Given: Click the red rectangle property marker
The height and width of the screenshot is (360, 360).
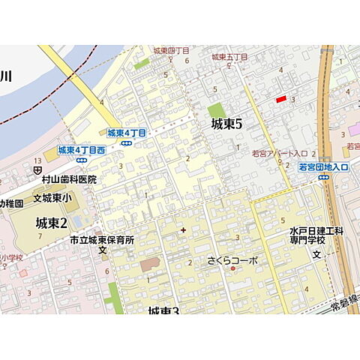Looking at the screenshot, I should (x=281, y=99).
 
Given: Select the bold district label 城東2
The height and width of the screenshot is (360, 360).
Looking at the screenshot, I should (x=52, y=223).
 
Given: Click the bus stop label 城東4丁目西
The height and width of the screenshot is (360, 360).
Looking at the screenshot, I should (x=81, y=150).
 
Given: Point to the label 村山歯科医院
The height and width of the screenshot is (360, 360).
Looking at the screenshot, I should (x=69, y=180).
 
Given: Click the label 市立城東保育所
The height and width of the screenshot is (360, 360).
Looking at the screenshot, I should (x=101, y=240).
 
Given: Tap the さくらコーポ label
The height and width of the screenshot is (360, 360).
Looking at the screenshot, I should (x=232, y=261).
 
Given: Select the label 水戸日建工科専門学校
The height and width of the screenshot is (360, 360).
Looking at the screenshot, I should (x=316, y=235).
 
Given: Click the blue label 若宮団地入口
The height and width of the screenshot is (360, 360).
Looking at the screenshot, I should (x=323, y=166).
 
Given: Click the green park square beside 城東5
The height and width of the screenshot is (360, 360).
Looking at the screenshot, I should (x=217, y=111).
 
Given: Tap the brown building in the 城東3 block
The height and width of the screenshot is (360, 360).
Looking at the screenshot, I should (x=149, y=265).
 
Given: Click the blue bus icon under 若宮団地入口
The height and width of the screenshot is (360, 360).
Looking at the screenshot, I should (x=323, y=177).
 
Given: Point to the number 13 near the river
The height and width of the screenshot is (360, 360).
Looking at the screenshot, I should (x=37, y=161).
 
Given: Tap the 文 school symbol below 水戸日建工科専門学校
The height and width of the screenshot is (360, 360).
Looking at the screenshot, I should (x=316, y=255).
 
